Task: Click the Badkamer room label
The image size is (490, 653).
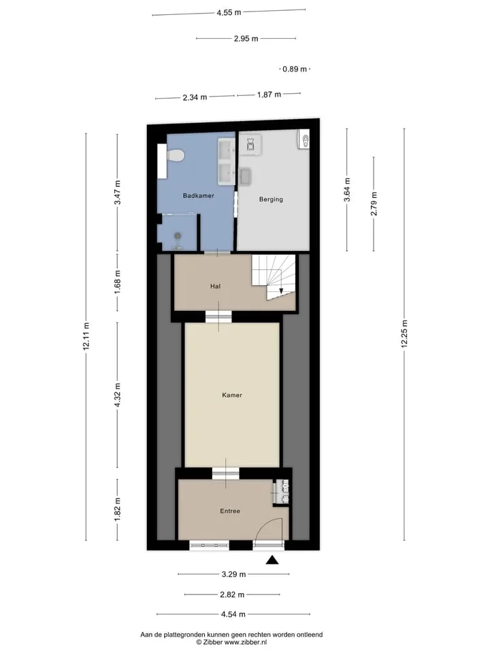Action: point(198,195)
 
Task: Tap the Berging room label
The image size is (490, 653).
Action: point(271,199)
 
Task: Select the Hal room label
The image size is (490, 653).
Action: point(216,286)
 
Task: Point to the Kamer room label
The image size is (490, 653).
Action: point(232,395)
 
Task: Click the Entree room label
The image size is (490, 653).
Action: point(230,511)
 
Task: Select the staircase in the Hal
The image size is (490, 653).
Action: point(274,278)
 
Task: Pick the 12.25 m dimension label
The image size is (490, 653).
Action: point(404,334)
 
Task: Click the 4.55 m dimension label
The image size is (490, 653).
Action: point(229,12)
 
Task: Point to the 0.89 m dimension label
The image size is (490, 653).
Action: point(295,69)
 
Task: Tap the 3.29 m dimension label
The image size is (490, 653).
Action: point(233,574)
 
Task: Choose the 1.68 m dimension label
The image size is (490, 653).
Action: point(118,282)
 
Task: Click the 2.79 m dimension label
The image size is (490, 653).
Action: point(374,203)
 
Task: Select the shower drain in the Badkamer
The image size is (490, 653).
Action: point(178,236)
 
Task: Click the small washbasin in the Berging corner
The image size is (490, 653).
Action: point(304,139)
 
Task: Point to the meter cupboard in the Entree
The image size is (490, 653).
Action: point(281,492)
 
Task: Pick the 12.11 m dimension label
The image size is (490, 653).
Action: point(86,336)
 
